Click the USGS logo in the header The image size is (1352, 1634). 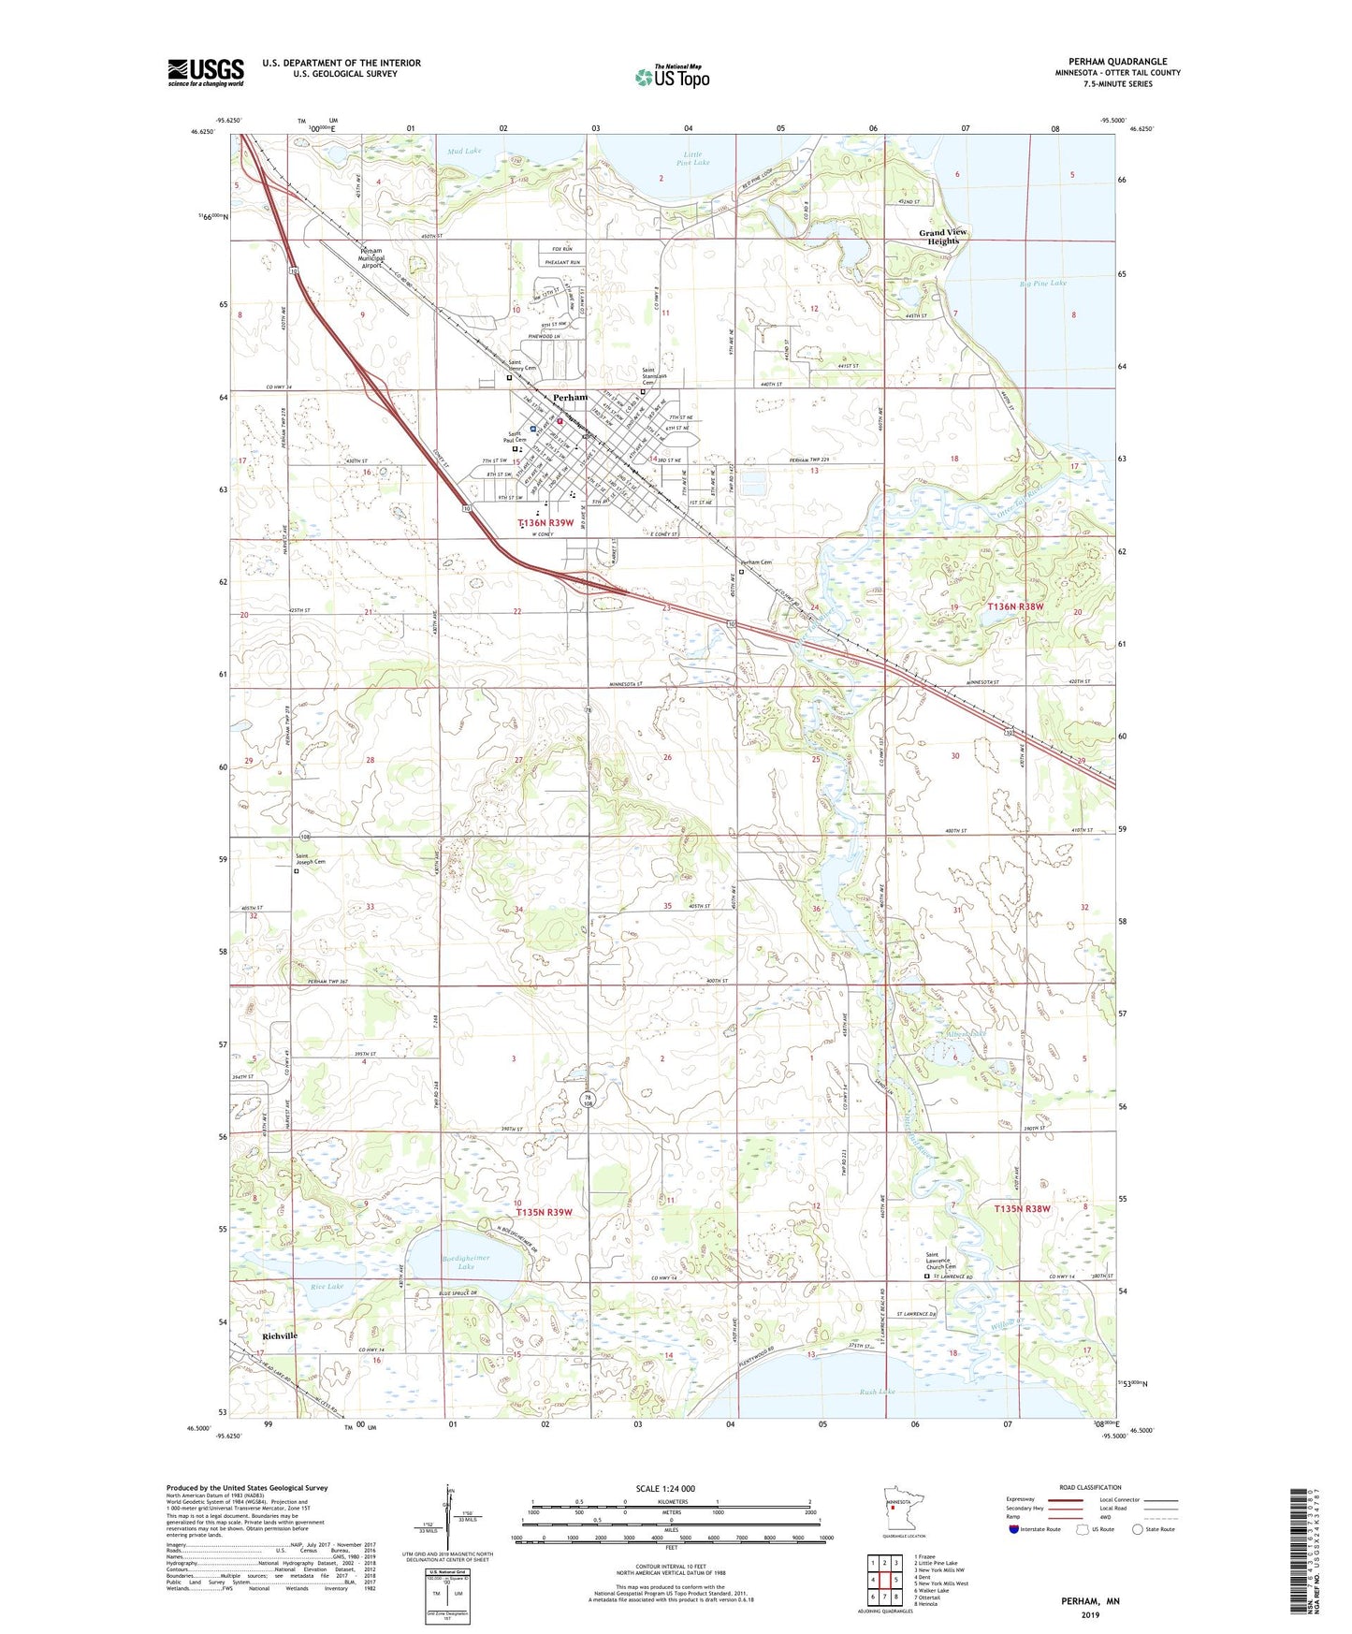206,72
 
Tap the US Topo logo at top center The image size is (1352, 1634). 672,77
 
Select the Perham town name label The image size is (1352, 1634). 570,397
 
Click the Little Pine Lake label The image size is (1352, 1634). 692,158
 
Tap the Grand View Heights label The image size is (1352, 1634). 942,237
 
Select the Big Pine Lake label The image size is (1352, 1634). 1042,283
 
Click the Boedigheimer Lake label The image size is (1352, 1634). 466,1262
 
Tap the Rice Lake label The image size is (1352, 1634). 327,1286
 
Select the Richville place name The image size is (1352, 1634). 280,1335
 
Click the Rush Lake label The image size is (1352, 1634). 877,1392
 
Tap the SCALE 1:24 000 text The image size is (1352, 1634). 665,1488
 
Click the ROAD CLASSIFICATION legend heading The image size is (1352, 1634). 1090,1487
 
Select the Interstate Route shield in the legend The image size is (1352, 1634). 1015,1529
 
